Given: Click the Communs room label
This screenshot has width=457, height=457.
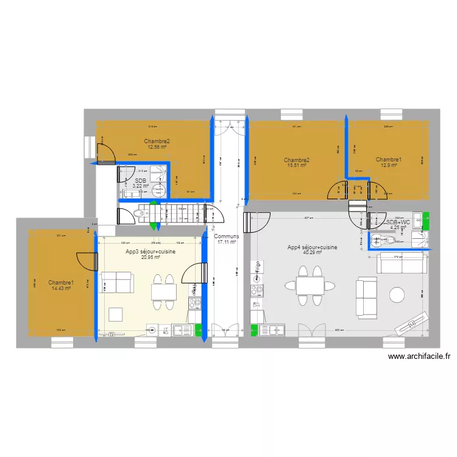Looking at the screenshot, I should (226, 236).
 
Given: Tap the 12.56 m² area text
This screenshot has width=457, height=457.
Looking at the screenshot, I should (157, 147).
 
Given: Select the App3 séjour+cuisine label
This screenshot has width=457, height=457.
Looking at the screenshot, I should (143, 251).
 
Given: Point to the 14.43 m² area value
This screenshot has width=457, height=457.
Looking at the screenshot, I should (61, 288).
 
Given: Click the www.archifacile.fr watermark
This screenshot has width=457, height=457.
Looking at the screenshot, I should (419, 358).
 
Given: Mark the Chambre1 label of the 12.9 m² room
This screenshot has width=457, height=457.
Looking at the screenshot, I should (389, 160).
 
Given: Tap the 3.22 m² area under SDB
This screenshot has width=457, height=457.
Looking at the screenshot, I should (141, 186).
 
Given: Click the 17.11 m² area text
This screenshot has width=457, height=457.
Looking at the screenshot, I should (226, 242).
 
